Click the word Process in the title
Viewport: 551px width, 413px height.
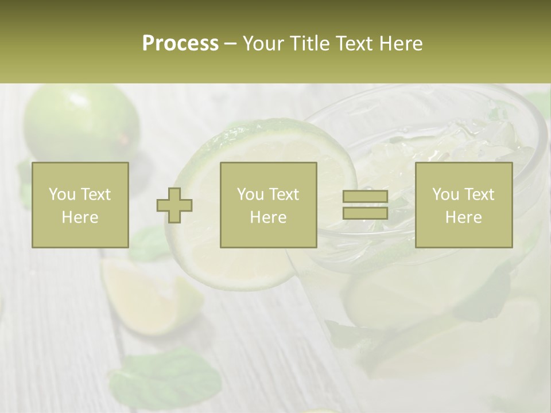coord(180,44)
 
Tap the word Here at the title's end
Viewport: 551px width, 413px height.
coord(400,44)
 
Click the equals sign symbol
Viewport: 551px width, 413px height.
coord(365,205)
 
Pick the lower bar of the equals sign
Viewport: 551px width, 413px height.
coord(365,213)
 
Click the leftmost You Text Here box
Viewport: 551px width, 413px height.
coord(80,205)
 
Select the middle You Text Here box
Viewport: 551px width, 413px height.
coord(268,205)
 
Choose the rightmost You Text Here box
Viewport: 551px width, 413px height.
coord(463,205)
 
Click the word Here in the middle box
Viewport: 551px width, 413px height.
coord(268,217)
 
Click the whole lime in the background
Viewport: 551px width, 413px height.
coord(80,123)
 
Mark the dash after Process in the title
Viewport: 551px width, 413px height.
coord(230,44)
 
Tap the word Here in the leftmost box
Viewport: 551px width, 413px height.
coord(80,217)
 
